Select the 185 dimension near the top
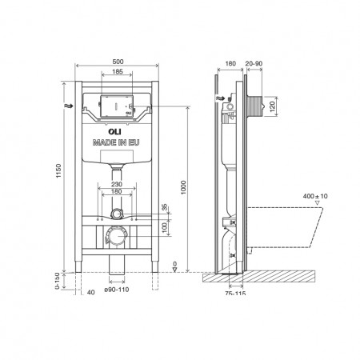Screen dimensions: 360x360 117,72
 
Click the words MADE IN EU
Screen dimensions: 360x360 118,140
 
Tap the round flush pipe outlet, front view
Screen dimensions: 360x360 118,215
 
